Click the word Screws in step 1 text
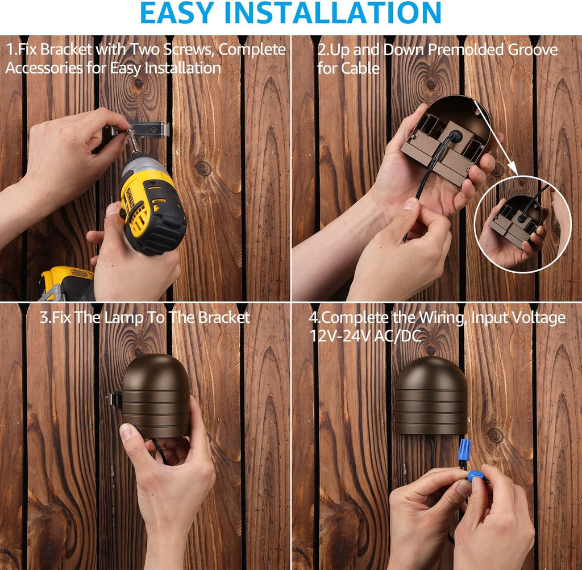point(188,50)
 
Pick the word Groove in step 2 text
point(533,50)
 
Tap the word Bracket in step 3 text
point(224,318)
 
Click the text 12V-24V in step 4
point(340,336)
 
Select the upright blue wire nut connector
point(464,450)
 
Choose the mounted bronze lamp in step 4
point(431,396)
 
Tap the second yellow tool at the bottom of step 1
point(68,284)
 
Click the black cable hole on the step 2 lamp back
point(455,135)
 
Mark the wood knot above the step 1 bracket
point(139,83)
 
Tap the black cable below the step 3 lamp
point(160,450)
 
